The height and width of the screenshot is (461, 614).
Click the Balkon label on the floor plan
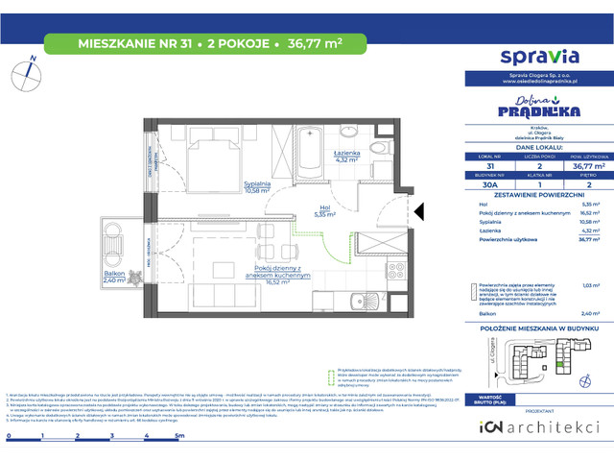pos(116,279)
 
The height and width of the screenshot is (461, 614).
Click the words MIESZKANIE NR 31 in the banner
pos(119,41)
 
